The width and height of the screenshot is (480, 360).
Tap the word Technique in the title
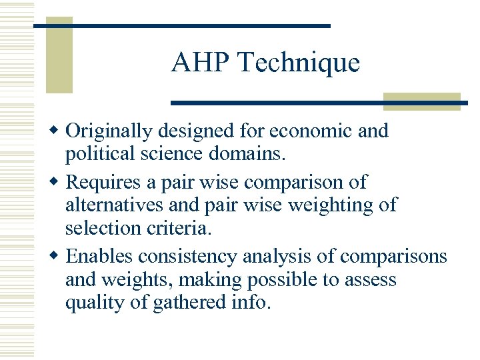298,63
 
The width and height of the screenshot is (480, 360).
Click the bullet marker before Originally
58,128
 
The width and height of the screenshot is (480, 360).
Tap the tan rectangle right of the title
421,101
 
